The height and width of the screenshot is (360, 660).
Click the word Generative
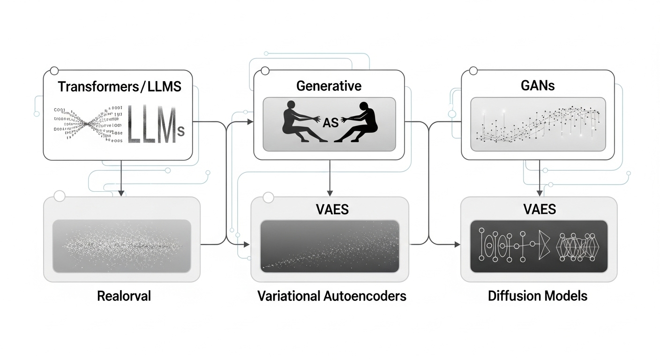click(x=329, y=86)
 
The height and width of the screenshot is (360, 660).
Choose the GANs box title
click(x=537, y=86)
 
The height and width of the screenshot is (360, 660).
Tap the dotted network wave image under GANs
click(x=537, y=124)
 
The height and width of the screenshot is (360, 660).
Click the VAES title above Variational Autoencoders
click(x=330, y=209)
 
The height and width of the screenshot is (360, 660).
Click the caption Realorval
click(x=124, y=296)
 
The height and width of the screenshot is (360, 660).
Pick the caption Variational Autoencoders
click(x=331, y=296)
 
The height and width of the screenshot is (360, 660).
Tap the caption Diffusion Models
click(x=537, y=296)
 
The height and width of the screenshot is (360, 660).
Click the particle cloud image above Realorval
click(x=122, y=246)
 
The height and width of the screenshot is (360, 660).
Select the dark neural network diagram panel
click(x=539, y=246)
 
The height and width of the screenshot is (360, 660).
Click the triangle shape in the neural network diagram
click(x=544, y=245)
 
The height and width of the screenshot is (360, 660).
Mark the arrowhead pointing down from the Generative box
click(x=330, y=192)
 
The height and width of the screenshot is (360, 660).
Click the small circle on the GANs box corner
click(x=473, y=71)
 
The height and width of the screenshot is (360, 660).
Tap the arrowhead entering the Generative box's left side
click(x=250, y=122)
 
